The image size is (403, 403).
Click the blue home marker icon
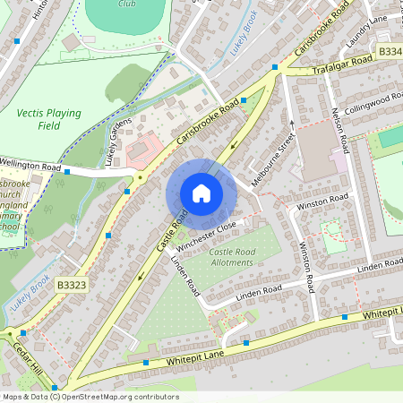coord(201,193)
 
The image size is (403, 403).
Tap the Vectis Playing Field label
coord(48,120)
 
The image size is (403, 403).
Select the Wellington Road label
coord(30,167)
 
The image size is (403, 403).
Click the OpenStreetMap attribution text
coord(90,397)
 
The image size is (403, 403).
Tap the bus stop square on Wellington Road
coord(67,171)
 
